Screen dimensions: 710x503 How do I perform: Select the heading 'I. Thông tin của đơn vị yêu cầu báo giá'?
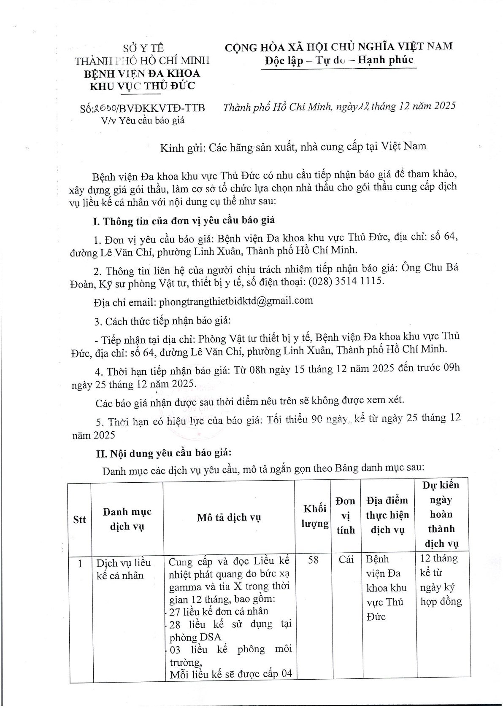(184, 221)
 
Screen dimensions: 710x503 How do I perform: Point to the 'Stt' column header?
(79, 519)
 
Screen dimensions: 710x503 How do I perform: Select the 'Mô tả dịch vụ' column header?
(229, 517)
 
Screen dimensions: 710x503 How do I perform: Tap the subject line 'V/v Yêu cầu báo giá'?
(143, 121)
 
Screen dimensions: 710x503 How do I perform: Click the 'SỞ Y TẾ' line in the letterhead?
(143, 47)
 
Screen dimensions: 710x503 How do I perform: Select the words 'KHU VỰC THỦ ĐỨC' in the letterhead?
(143, 86)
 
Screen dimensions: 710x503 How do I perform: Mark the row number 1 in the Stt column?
(80, 563)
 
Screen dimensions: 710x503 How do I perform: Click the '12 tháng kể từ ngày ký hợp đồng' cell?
(441, 580)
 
